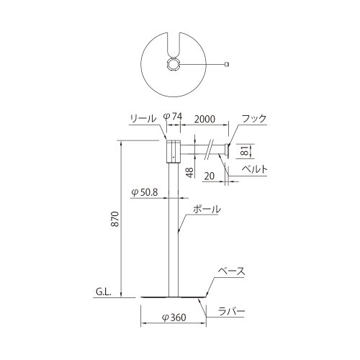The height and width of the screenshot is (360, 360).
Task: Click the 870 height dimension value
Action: (116, 219)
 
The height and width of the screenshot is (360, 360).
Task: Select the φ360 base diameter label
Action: (174, 318)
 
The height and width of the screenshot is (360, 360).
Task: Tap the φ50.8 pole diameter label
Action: (145, 192)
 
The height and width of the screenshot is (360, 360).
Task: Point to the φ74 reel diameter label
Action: (173, 117)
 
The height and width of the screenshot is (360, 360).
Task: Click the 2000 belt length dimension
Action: (204, 119)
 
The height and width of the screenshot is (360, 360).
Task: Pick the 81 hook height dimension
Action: (245, 151)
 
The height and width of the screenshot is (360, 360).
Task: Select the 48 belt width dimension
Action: (189, 172)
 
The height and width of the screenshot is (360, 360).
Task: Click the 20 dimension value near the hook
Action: (210, 176)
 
